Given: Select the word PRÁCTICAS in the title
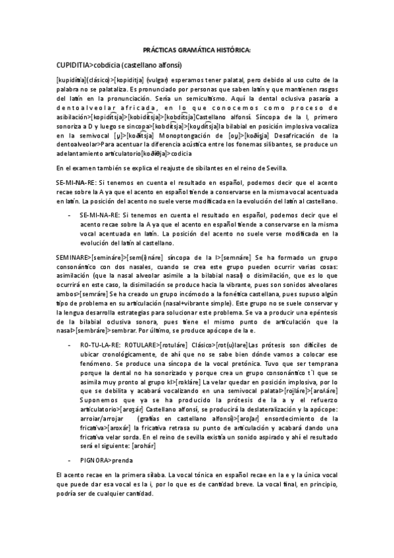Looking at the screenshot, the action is tap(162, 50).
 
